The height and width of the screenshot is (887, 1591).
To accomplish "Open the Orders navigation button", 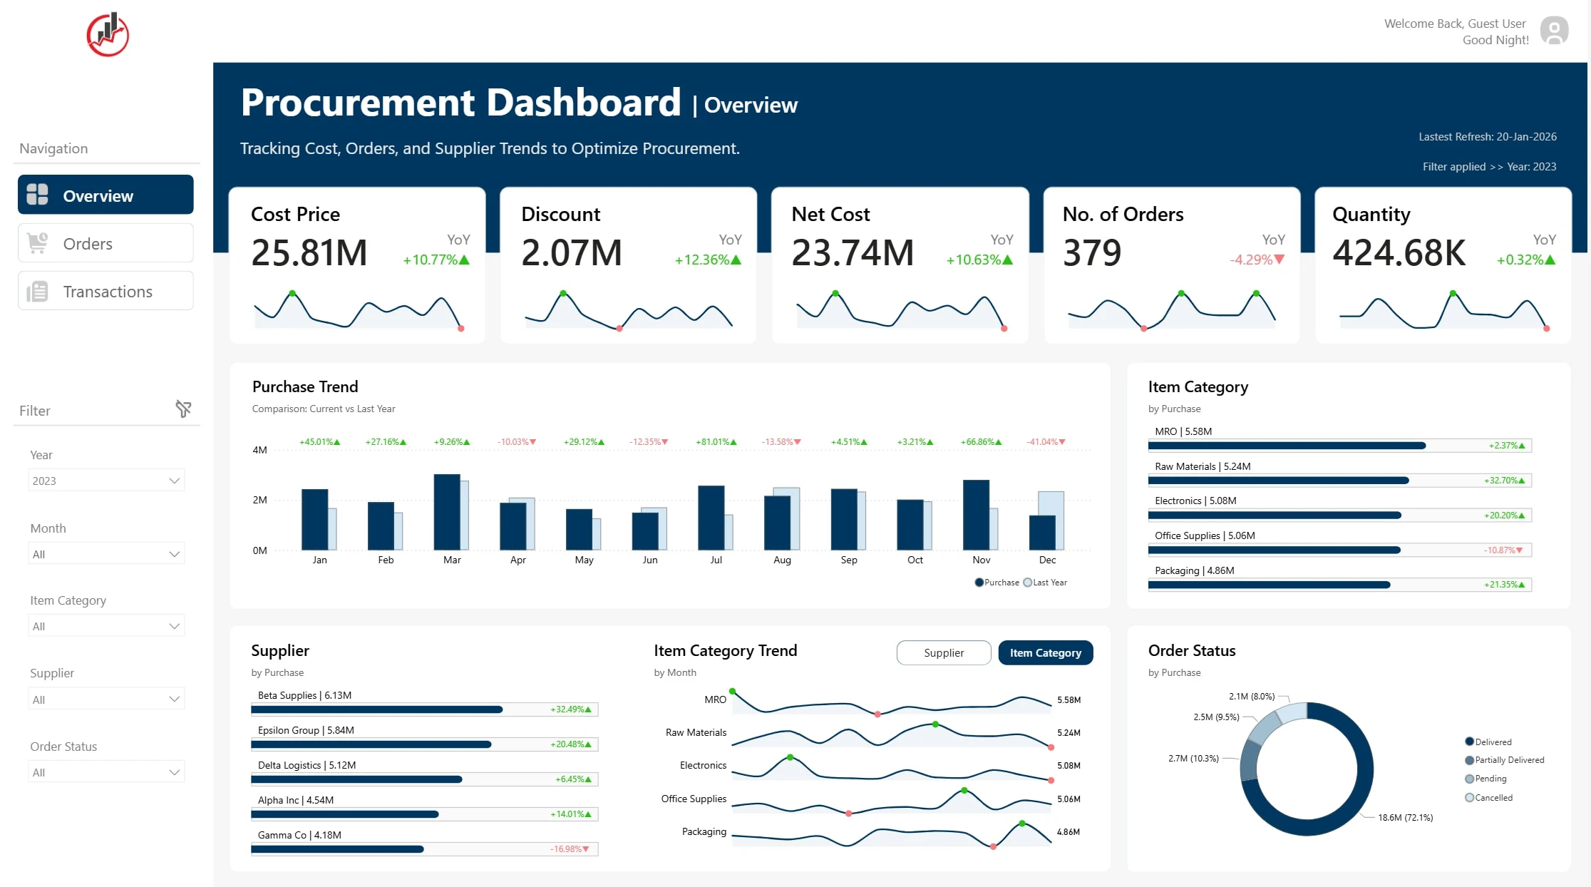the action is click(105, 243).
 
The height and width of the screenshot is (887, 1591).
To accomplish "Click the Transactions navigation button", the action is click(105, 291).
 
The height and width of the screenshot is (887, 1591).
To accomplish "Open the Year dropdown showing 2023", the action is click(106, 481).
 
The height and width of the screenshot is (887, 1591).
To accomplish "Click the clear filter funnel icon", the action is click(183, 409).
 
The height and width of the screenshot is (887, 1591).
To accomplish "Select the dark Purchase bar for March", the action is click(447, 512).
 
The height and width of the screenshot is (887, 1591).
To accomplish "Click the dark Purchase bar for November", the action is click(976, 515).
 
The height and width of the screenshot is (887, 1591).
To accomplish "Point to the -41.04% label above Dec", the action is click(1046, 442).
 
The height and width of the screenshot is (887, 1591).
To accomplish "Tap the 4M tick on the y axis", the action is click(259, 450).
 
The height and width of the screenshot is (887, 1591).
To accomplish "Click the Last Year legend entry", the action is click(1045, 583).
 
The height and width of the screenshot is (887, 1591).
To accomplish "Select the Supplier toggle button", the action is click(944, 652).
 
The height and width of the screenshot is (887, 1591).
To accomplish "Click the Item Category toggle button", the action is click(1046, 652).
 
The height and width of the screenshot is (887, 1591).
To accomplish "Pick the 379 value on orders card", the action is click(1092, 252).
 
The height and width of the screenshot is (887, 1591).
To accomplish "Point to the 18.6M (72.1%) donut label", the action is click(1405, 818).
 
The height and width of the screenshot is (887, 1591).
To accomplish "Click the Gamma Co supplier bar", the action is click(337, 849).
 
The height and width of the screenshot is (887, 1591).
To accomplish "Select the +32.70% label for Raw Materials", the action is click(1504, 481).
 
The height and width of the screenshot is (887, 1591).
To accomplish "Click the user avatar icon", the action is click(1554, 31).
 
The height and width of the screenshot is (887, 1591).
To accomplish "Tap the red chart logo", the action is click(108, 34).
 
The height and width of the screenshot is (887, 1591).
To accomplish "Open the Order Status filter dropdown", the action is click(106, 772).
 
